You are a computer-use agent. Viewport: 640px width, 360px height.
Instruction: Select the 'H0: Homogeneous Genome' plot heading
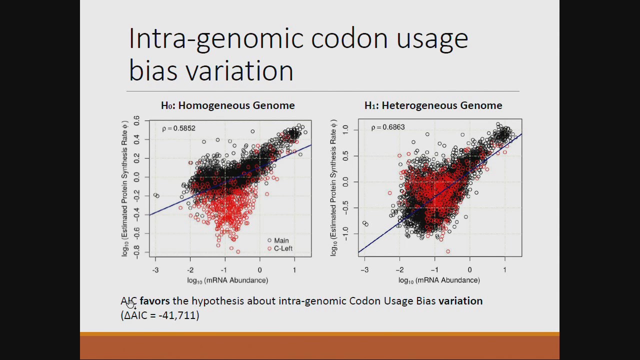coord(227,105)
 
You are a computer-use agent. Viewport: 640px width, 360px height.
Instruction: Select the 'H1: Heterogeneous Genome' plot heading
coord(433,105)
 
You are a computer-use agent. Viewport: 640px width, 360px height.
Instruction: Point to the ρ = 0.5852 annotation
coord(178,128)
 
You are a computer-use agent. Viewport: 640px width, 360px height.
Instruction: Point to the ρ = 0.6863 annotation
coord(387,127)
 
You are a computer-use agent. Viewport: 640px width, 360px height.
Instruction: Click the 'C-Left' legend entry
coord(282,248)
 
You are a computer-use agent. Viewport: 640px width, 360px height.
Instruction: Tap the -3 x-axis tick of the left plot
coord(155,270)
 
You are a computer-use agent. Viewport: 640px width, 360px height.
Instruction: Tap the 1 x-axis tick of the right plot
coord(504,270)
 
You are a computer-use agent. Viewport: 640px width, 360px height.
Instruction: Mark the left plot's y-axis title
coord(125,188)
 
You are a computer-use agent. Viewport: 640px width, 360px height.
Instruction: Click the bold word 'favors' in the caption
coord(154,301)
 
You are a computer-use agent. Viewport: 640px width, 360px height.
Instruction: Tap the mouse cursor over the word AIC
coord(131,304)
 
